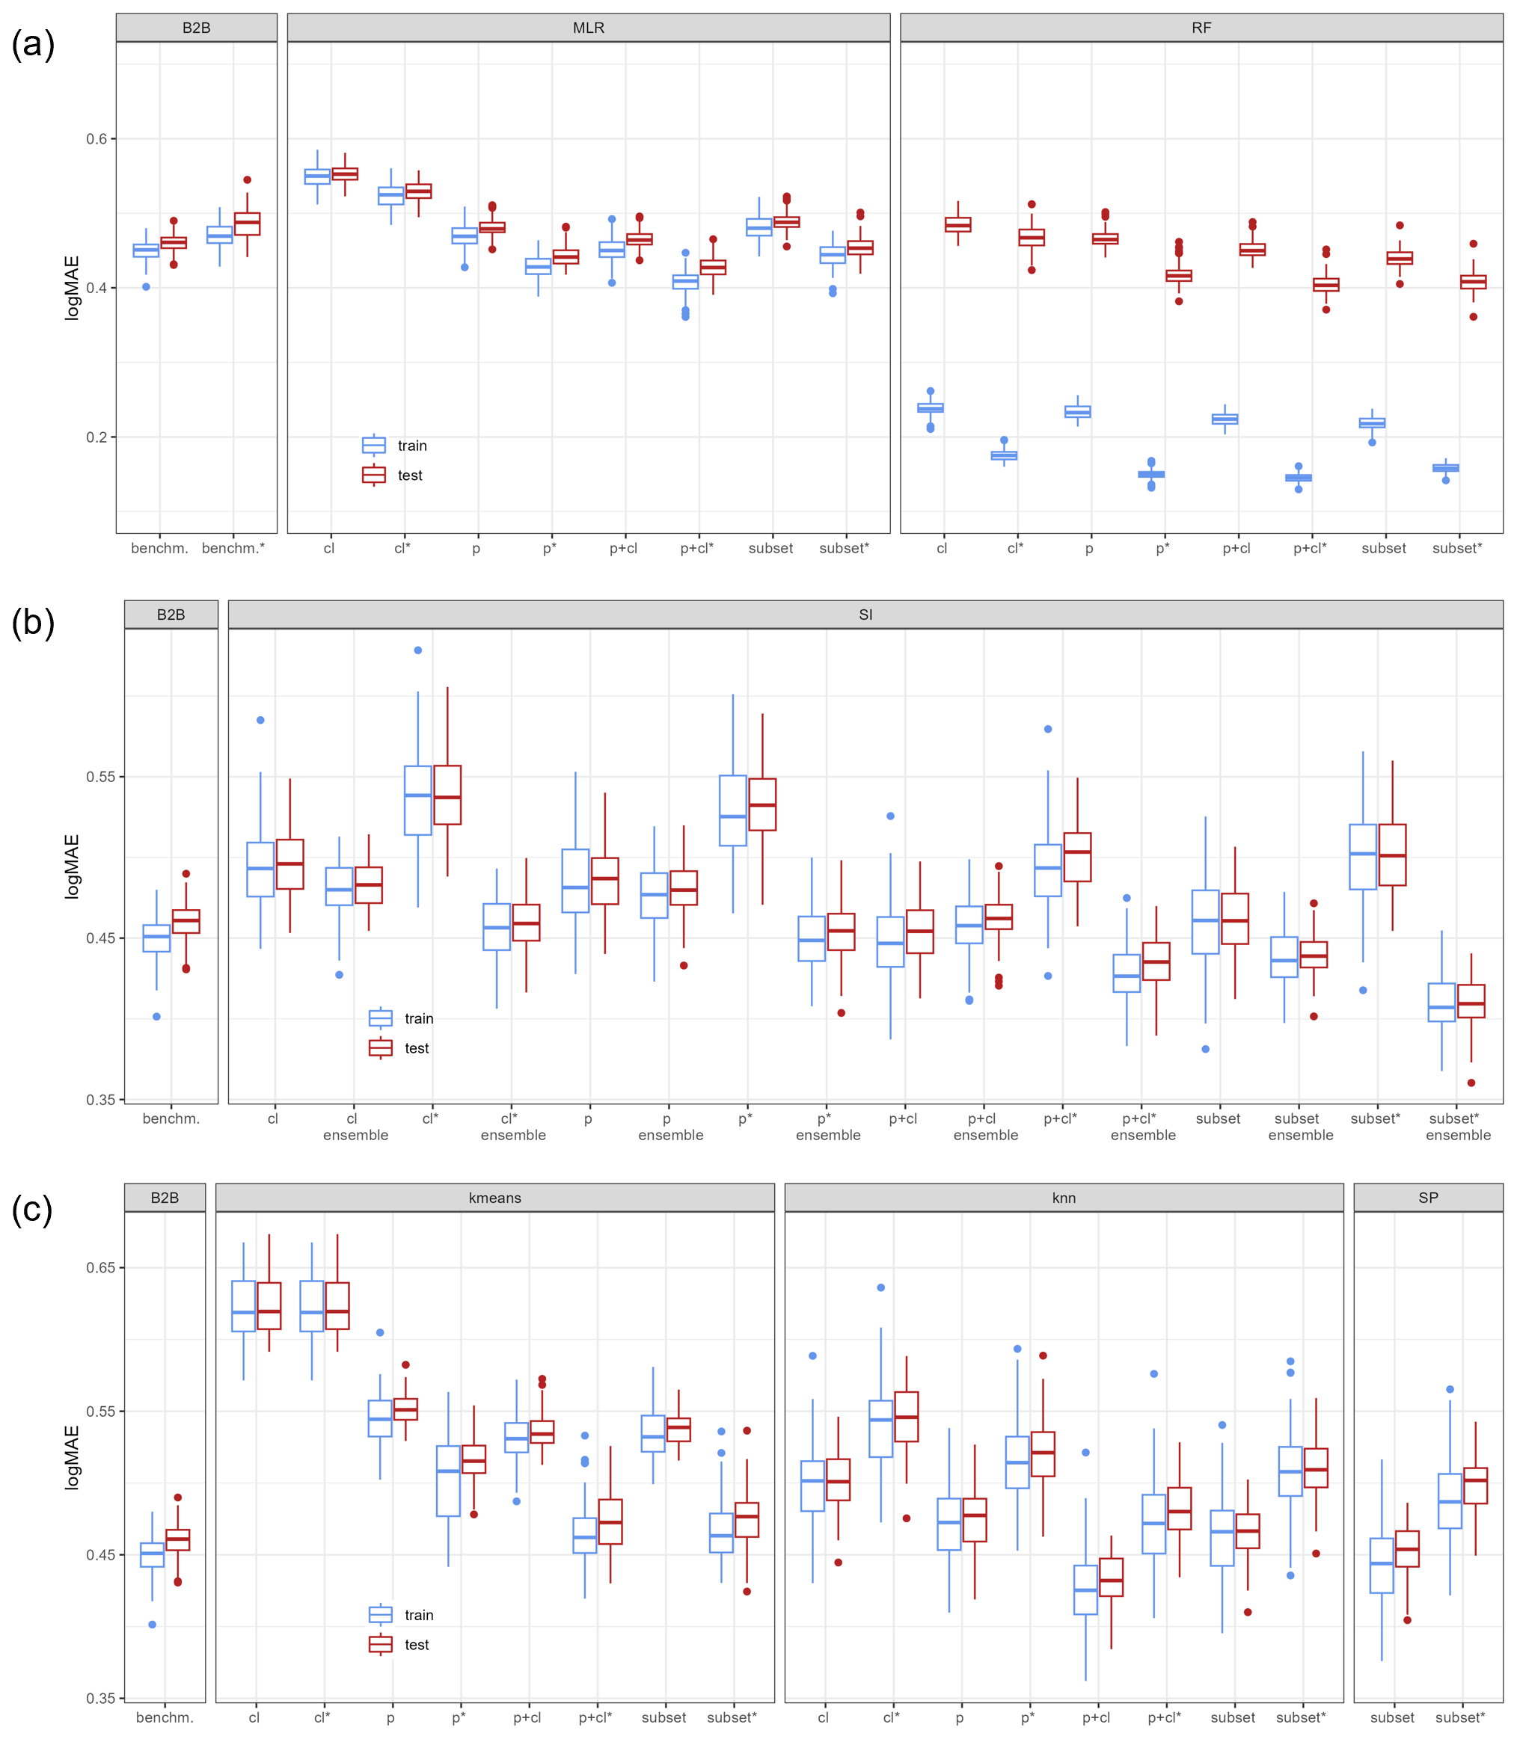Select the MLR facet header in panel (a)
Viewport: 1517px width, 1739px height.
click(x=589, y=28)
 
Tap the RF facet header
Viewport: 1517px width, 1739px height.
click(x=1201, y=28)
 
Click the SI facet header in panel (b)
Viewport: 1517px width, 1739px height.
click(x=865, y=615)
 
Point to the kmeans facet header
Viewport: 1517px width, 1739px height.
click(x=494, y=1198)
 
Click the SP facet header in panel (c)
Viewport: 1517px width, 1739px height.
click(x=1427, y=1198)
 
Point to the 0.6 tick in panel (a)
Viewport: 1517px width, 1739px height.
click(x=96, y=139)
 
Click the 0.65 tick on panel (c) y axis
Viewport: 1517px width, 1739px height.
click(x=100, y=1266)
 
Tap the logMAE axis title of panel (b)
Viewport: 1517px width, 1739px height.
click(x=73, y=867)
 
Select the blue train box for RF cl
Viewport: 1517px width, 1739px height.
click(x=931, y=408)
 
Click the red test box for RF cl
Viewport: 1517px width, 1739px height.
click(x=958, y=225)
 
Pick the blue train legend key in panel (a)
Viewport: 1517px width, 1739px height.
click(x=373, y=445)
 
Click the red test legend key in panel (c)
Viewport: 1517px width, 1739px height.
click(x=380, y=1644)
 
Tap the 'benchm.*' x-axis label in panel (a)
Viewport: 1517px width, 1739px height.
click(x=233, y=548)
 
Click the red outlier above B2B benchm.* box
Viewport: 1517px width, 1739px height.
click(x=247, y=179)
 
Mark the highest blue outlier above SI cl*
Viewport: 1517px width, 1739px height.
click(x=418, y=650)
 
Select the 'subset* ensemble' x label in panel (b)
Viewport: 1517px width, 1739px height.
click(x=1458, y=1127)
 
